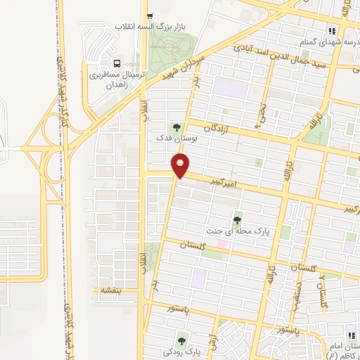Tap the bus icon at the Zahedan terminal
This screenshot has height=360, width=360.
coord(127,60)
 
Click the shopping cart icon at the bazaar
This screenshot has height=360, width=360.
coord(149,15)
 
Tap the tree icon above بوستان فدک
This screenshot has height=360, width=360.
coord(176,127)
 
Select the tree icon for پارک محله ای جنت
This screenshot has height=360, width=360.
coord(239,217)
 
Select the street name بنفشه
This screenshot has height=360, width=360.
coord(110,290)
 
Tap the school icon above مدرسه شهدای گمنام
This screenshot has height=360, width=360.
coord(332,31)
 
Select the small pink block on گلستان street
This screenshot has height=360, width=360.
coord(222,244)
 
